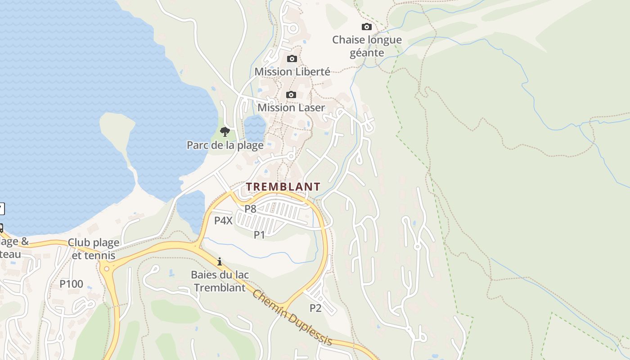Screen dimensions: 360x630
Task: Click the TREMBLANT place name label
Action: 283,186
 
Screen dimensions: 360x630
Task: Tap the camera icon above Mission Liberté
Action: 292,59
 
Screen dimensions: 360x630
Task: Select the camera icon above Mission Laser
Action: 291,95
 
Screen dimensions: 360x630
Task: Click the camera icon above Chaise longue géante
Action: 367,27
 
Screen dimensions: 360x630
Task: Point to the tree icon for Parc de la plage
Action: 225,132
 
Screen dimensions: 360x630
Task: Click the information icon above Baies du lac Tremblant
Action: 220,261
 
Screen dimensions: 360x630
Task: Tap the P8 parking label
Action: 250,209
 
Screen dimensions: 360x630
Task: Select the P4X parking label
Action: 223,220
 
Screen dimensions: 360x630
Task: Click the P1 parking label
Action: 260,234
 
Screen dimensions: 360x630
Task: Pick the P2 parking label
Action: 315,308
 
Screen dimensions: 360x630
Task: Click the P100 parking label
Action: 72,284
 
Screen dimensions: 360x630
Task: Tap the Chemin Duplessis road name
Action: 292,318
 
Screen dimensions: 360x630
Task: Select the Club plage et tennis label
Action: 94,249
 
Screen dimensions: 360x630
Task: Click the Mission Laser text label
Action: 291,108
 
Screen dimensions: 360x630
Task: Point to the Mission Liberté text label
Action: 292,72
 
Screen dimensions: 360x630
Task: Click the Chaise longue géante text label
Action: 367,46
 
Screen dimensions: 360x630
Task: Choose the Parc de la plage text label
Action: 225,145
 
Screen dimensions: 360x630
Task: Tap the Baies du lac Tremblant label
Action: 220,281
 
